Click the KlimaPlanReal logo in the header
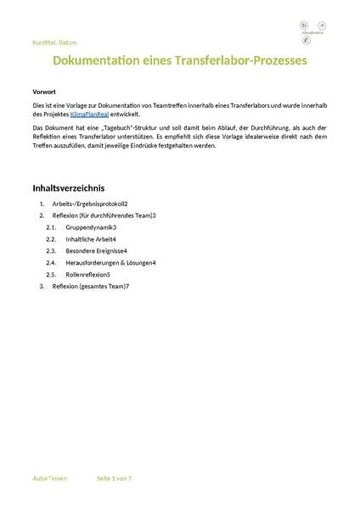[x=305, y=32]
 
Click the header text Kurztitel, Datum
[x=54, y=42]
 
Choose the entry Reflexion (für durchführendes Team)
[x=103, y=215]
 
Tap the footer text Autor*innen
[x=49, y=478]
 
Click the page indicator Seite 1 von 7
[x=115, y=478]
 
